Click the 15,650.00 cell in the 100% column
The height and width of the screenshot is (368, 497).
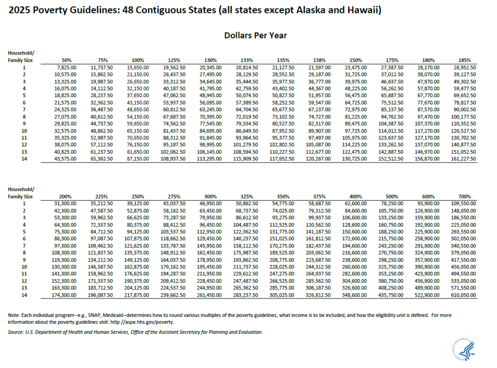tap(137, 67)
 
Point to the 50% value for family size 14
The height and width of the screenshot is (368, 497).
tap(65, 159)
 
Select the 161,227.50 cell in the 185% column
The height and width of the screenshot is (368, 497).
tap(463, 159)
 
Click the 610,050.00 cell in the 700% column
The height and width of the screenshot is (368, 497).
tap(463, 296)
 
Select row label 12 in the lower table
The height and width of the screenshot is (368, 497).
tap(23, 282)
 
